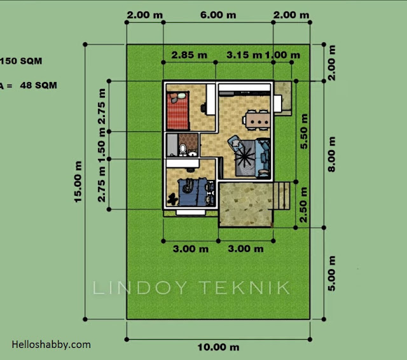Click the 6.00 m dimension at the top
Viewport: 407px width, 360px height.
coord(218,15)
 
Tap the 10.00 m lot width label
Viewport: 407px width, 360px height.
coord(218,347)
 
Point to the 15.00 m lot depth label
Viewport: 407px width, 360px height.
coord(78,182)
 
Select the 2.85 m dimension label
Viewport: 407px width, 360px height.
coord(190,55)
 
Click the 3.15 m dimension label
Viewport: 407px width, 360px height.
coord(244,55)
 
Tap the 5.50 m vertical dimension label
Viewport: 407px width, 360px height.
coord(304,131)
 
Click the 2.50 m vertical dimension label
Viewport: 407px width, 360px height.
coord(303,205)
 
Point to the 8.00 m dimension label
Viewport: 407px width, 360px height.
coord(332,154)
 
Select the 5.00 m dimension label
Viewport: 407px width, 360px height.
coord(332,273)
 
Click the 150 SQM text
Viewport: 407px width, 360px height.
coord(21,61)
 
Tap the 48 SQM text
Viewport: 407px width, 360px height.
coord(38,85)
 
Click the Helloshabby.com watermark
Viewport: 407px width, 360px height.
coord(51,345)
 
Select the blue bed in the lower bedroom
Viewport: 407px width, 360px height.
coord(192,192)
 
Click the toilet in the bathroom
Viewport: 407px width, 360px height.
coord(183,149)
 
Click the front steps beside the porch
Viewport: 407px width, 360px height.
coord(282,196)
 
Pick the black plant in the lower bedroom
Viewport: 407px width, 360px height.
coord(172,200)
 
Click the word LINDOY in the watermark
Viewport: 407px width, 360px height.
coord(139,287)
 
